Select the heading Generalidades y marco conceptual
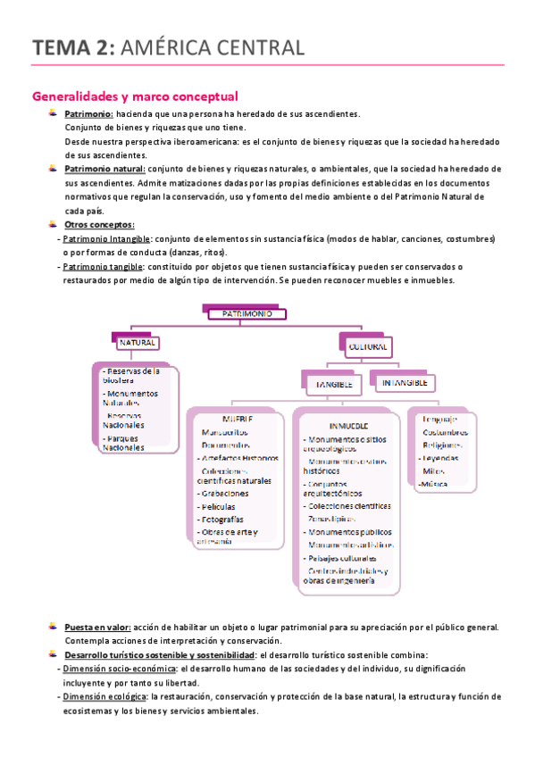click(134, 96)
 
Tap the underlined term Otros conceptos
click(99, 224)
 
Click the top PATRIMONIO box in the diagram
click(247, 314)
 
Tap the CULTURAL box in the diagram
click(368, 345)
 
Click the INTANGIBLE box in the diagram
click(405, 382)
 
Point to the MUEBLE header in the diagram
click(237, 419)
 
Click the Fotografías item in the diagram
click(225, 519)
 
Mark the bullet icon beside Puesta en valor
click(54, 627)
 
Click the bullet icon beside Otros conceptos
click(54, 223)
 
